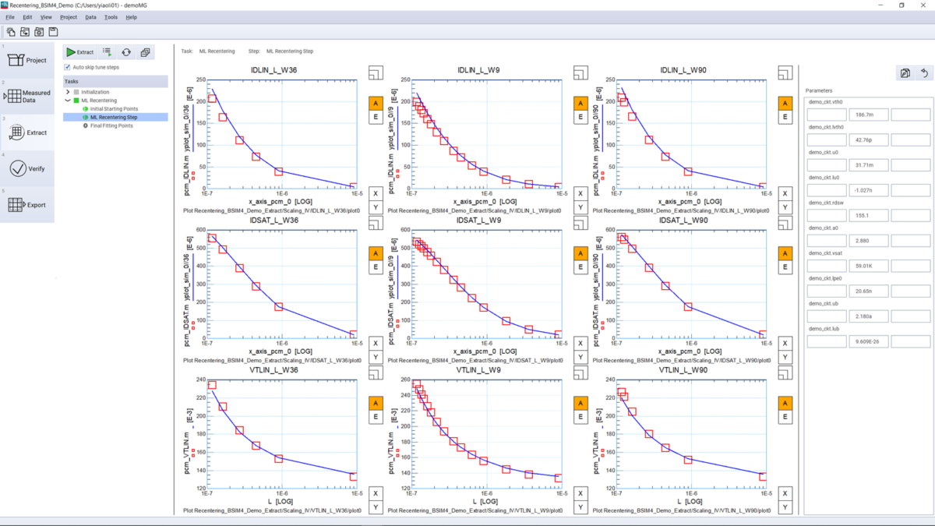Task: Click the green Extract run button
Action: [x=79, y=52]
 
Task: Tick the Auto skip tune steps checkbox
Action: [x=67, y=67]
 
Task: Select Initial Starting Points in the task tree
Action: [x=114, y=109]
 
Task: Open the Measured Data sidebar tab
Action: [x=27, y=97]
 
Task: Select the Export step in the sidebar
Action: [x=27, y=205]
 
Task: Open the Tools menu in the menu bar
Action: [x=111, y=16]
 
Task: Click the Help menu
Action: [x=131, y=16]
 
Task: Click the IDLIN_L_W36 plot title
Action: [x=274, y=71]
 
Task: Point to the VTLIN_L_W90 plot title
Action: [x=683, y=370]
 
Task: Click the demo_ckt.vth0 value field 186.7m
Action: [x=868, y=115]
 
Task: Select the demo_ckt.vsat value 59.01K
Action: [x=868, y=265]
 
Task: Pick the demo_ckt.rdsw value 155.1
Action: [x=868, y=215]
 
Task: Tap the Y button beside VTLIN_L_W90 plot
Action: [x=785, y=508]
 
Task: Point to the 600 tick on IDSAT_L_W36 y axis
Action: [x=200, y=230]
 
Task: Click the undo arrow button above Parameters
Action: [x=925, y=73]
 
